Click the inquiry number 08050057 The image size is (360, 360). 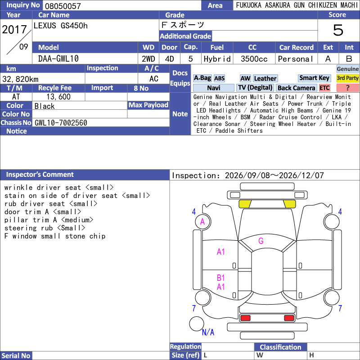(63, 6)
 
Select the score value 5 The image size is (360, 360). (338, 30)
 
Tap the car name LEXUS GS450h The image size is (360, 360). (61, 26)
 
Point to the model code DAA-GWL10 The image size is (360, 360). (58, 59)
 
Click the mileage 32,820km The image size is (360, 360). (20, 79)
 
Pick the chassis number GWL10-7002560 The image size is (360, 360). (61, 123)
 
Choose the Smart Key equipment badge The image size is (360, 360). (314, 78)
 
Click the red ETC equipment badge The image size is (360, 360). (324, 88)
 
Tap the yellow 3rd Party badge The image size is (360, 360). (347, 78)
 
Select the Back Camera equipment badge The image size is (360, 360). (297, 88)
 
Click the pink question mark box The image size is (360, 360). (347, 88)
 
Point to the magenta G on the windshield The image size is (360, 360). (261, 241)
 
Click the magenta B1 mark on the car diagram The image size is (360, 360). (220, 278)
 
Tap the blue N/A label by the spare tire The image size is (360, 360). (208, 332)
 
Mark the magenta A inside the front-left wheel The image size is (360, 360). (202, 221)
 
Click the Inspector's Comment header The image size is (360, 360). (40, 175)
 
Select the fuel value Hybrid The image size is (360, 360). (217, 59)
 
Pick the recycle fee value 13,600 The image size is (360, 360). (58, 97)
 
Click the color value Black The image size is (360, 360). (45, 106)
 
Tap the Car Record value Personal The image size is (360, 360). (296, 59)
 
